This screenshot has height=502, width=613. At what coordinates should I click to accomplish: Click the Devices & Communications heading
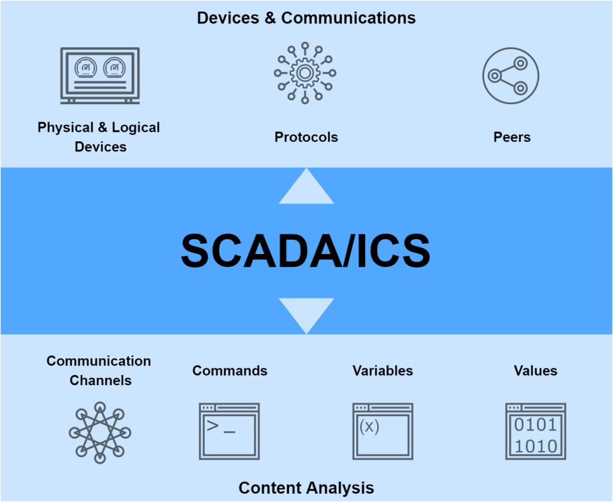306,18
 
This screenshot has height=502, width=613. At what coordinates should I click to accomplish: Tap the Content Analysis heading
306,488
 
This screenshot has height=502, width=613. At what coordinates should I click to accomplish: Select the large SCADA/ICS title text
306,250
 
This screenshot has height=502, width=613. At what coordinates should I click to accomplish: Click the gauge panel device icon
100,75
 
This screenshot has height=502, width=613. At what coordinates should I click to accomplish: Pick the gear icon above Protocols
305,73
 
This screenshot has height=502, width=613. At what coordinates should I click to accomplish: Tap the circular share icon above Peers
511,75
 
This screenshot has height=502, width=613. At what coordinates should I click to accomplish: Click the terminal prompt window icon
229,431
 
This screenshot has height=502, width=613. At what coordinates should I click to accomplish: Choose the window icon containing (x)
383,431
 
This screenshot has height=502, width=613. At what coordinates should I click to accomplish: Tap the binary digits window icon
536,431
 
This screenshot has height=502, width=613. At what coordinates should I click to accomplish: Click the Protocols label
306,137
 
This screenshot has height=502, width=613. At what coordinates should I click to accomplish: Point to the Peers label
512,137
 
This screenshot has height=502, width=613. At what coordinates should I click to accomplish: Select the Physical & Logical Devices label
99,137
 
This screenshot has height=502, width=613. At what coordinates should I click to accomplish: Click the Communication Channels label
99,370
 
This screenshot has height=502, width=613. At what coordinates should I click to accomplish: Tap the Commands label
230,371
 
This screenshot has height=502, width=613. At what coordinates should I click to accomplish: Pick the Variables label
383,371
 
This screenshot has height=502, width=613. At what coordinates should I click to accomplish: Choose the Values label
535,371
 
